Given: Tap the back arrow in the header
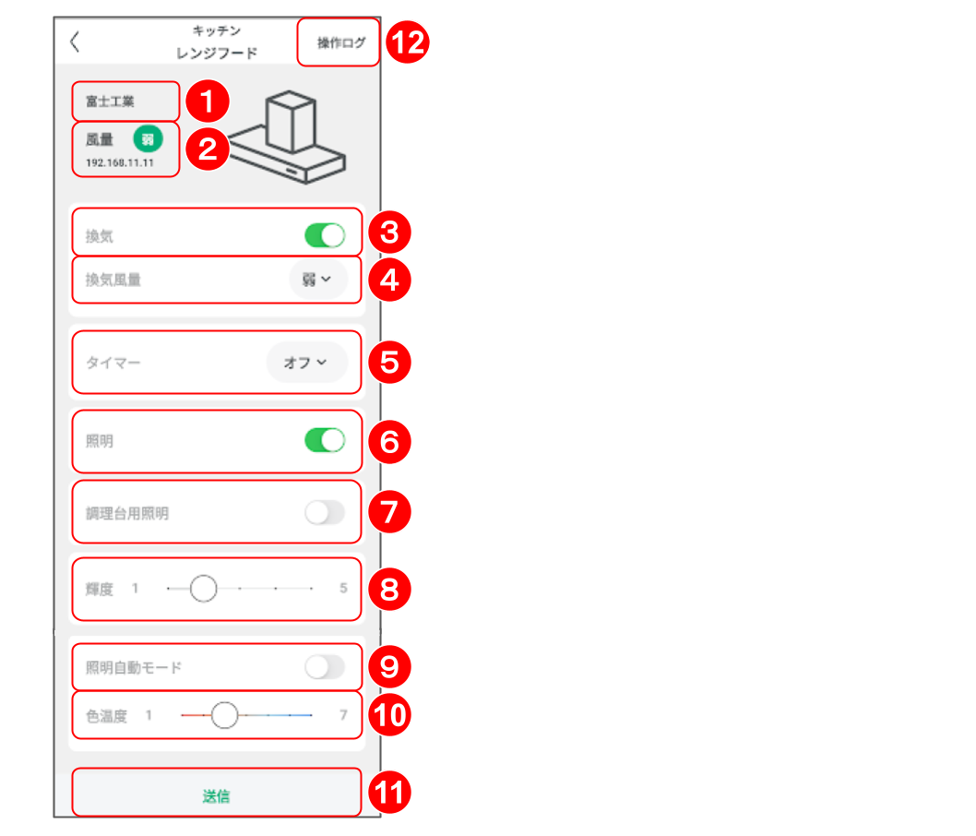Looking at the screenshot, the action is (75, 42).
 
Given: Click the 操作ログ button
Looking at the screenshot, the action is (341, 43).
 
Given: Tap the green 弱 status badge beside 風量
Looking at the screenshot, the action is (149, 138).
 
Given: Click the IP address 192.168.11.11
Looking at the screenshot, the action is (120, 162).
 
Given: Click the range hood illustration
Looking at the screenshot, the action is (287, 137).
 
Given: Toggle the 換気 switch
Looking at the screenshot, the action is (325, 235).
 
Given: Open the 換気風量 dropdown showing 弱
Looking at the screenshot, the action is (317, 280).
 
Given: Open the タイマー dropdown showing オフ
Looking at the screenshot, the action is (306, 363).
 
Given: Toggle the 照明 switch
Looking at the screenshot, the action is (325, 440).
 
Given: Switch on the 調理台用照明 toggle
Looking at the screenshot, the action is (325, 513).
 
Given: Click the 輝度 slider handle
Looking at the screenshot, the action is (204, 589).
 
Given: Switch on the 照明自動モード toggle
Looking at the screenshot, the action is (325, 667).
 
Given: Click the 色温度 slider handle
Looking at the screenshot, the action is (225, 715).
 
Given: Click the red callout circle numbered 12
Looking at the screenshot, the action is (408, 42).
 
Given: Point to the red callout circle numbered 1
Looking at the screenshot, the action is (208, 102).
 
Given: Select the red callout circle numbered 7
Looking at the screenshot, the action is (389, 512).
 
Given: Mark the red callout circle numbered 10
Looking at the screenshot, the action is (389, 714).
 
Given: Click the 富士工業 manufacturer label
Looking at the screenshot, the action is (110, 102).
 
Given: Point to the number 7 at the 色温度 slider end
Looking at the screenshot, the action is (343, 714).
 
